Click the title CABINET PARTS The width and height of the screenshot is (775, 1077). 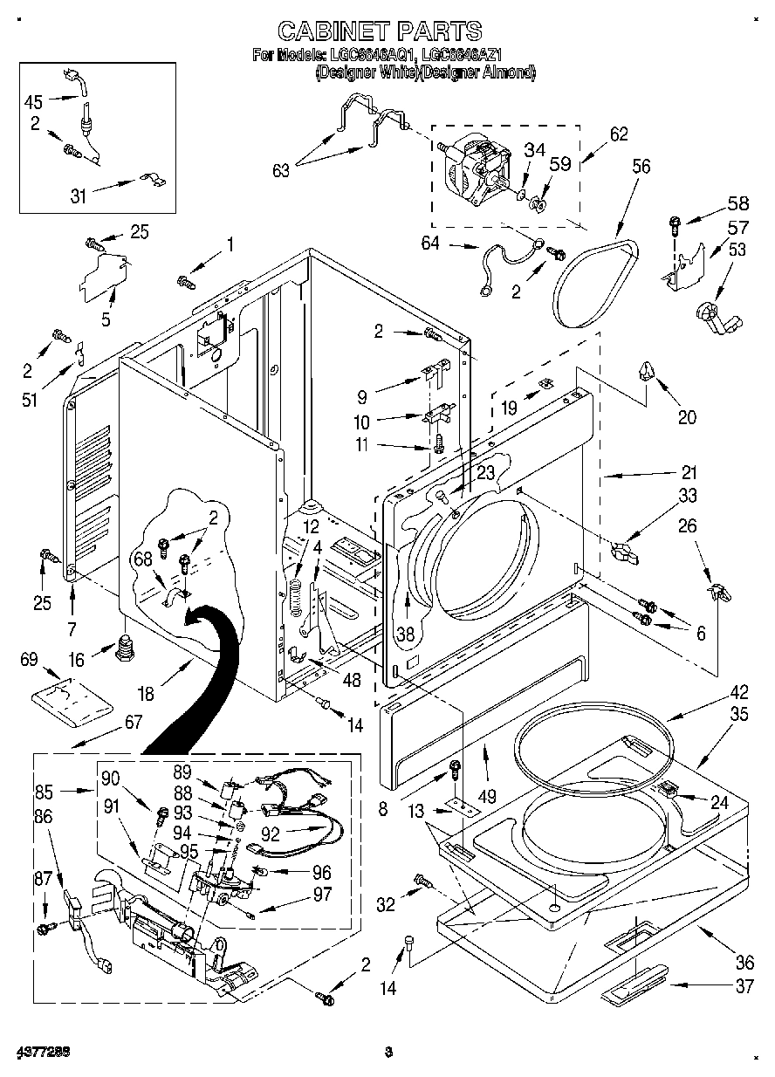click(379, 31)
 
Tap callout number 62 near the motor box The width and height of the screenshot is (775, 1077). click(619, 135)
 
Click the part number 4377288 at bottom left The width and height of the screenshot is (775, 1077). click(42, 1051)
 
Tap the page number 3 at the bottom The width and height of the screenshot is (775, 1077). click(389, 1051)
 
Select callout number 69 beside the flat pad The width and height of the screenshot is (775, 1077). click(29, 661)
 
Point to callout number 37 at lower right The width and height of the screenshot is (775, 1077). click(744, 986)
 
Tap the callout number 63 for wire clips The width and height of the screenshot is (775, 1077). click(280, 170)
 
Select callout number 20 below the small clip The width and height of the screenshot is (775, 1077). click(687, 417)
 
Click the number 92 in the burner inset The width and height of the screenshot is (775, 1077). click(271, 833)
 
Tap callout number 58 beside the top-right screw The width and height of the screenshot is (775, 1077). click(737, 204)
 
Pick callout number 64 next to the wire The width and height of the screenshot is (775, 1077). click(430, 244)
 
